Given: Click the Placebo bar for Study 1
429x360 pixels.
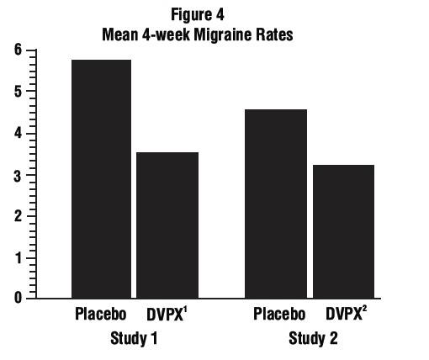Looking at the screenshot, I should [100, 178].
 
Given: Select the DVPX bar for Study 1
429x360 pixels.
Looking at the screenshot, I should [167, 225].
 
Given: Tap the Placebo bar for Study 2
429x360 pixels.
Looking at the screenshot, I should [276, 204].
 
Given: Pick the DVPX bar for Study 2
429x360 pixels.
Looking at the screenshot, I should [343, 231].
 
